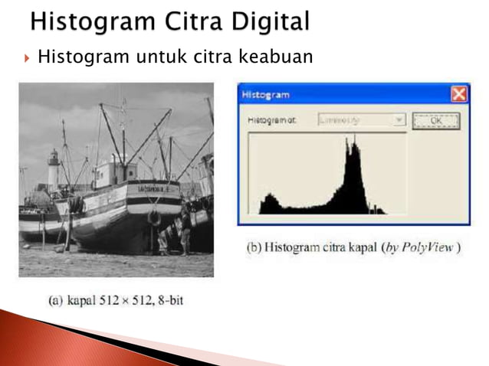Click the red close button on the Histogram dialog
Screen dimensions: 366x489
[x=458, y=95]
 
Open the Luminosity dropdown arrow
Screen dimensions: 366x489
[x=398, y=120]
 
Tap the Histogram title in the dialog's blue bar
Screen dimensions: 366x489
[x=265, y=95]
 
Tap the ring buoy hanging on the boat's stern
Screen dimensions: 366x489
[x=154, y=217]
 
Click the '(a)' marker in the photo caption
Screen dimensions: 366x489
[x=55, y=300]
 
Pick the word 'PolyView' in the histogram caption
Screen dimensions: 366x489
[x=429, y=250]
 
